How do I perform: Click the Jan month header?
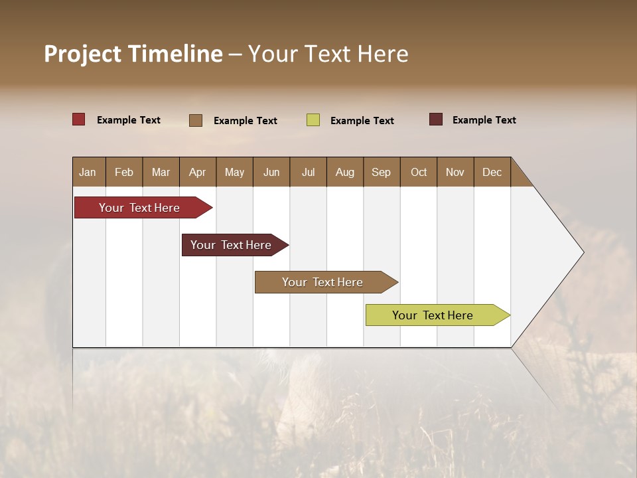click(x=88, y=172)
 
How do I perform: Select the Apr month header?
click(x=197, y=172)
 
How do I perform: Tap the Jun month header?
click(x=271, y=172)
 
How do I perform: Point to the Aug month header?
click(x=344, y=172)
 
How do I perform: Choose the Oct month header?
click(x=419, y=172)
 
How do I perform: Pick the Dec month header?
click(x=492, y=172)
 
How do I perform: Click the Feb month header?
click(x=124, y=172)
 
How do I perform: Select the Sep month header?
click(x=381, y=172)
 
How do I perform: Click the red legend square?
click(x=79, y=119)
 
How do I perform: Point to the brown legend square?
click(x=196, y=120)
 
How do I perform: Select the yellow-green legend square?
click(x=313, y=120)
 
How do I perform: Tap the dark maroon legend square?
click(x=436, y=119)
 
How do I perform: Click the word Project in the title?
click(x=82, y=54)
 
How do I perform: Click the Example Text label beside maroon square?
click(x=484, y=120)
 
